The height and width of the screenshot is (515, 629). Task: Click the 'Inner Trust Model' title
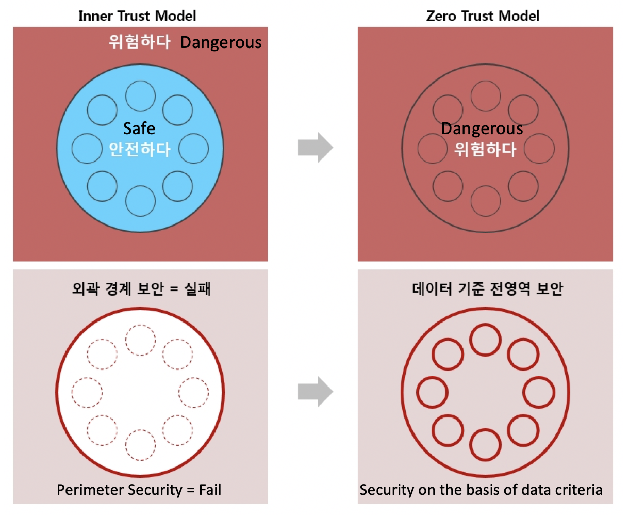point(137,16)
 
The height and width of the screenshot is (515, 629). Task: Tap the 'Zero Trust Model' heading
point(483,16)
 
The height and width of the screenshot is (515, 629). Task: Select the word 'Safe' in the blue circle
point(139,128)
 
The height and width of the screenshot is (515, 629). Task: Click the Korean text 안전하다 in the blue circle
point(140,149)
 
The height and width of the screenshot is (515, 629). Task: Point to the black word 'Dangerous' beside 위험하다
point(221,43)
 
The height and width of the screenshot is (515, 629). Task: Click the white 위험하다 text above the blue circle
point(140,41)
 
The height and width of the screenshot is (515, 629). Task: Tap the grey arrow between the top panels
point(315,148)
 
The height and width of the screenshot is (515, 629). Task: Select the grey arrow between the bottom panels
point(315,392)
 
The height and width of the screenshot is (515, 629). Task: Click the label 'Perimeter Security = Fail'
point(139,489)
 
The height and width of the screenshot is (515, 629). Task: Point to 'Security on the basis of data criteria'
point(481,489)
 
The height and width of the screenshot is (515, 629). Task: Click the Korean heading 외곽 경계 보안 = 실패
point(141,288)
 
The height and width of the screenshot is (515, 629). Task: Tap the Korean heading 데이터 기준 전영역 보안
point(487,288)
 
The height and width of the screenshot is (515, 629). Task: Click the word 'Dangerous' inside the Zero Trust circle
point(482,128)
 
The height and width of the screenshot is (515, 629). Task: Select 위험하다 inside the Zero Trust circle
point(485,150)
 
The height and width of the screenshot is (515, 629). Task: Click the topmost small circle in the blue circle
point(140,96)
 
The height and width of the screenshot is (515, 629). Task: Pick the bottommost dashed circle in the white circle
point(140,444)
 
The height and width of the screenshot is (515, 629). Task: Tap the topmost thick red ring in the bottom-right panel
point(485,340)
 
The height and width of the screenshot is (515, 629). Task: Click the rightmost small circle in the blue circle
point(193,149)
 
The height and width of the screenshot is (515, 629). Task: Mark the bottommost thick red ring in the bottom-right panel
point(485,444)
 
